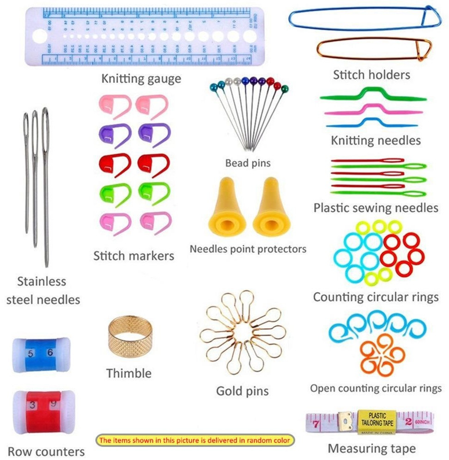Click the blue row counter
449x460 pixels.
pyautogui.click(x=41, y=354)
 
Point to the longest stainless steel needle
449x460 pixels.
pyautogui.click(x=46, y=185)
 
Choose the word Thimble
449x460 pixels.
pyautogui.click(x=129, y=373)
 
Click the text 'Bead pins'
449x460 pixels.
pyautogui.click(x=248, y=163)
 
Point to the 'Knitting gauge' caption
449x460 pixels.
pyautogui.click(x=141, y=79)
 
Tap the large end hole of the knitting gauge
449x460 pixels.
pyautogui.click(x=39, y=36)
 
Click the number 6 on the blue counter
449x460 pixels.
pyautogui.click(x=50, y=353)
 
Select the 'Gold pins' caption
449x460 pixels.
pyautogui.click(x=243, y=391)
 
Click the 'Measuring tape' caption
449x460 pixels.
pyautogui.click(x=372, y=448)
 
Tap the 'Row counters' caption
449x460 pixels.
pyautogui.click(x=46, y=451)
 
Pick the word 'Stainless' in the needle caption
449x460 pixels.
pyautogui.click(x=42, y=281)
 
